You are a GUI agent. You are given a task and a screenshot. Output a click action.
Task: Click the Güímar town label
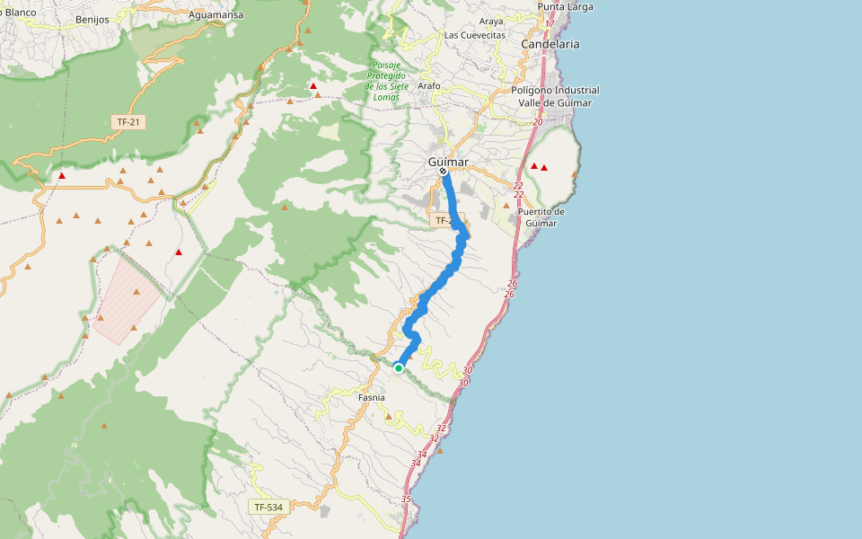[x=448, y=162]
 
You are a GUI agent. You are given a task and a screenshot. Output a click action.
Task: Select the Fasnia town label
[x=372, y=397]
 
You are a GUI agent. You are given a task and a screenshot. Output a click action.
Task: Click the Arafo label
[x=429, y=86]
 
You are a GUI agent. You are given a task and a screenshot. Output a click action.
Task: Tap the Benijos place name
[x=92, y=19]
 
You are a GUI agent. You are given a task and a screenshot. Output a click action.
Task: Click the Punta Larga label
[x=566, y=7]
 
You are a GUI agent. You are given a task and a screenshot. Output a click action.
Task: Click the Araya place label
[x=491, y=21]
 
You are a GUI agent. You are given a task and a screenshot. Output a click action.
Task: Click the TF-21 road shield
[x=130, y=121]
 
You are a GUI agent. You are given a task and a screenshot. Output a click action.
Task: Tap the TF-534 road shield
[x=268, y=508]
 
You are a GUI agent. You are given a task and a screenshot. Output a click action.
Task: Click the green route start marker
[x=398, y=367]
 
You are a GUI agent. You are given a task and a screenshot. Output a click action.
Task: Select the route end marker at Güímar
[x=443, y=171]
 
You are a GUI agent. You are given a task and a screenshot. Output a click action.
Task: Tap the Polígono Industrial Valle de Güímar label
[x=555, y=96]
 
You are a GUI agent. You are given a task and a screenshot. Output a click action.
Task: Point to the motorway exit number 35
[x=406, y=499]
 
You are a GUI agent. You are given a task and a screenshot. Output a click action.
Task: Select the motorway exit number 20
[x=538, y=122]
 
